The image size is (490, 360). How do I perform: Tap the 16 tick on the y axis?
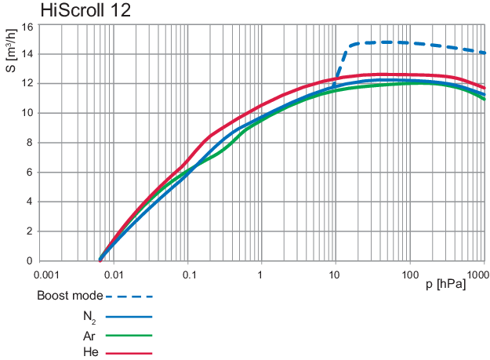pos(27,26)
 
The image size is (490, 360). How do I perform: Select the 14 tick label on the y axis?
pos(27,54)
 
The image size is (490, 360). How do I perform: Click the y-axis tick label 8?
pos(29,143)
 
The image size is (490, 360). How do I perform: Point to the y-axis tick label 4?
pos(29,202)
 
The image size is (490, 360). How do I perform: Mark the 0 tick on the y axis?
pos(29,261)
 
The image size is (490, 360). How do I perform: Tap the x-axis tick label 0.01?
pos(114,275)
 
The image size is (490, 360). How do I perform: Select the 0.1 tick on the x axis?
pos(189,275)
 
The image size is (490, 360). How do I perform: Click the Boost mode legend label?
pos(70,296)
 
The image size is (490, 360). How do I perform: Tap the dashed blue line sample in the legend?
pos(129,296)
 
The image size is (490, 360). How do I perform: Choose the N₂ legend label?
pos(93,317)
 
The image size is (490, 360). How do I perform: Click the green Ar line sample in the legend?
pos(129,335)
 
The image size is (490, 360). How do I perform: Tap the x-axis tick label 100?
pos(409,275)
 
